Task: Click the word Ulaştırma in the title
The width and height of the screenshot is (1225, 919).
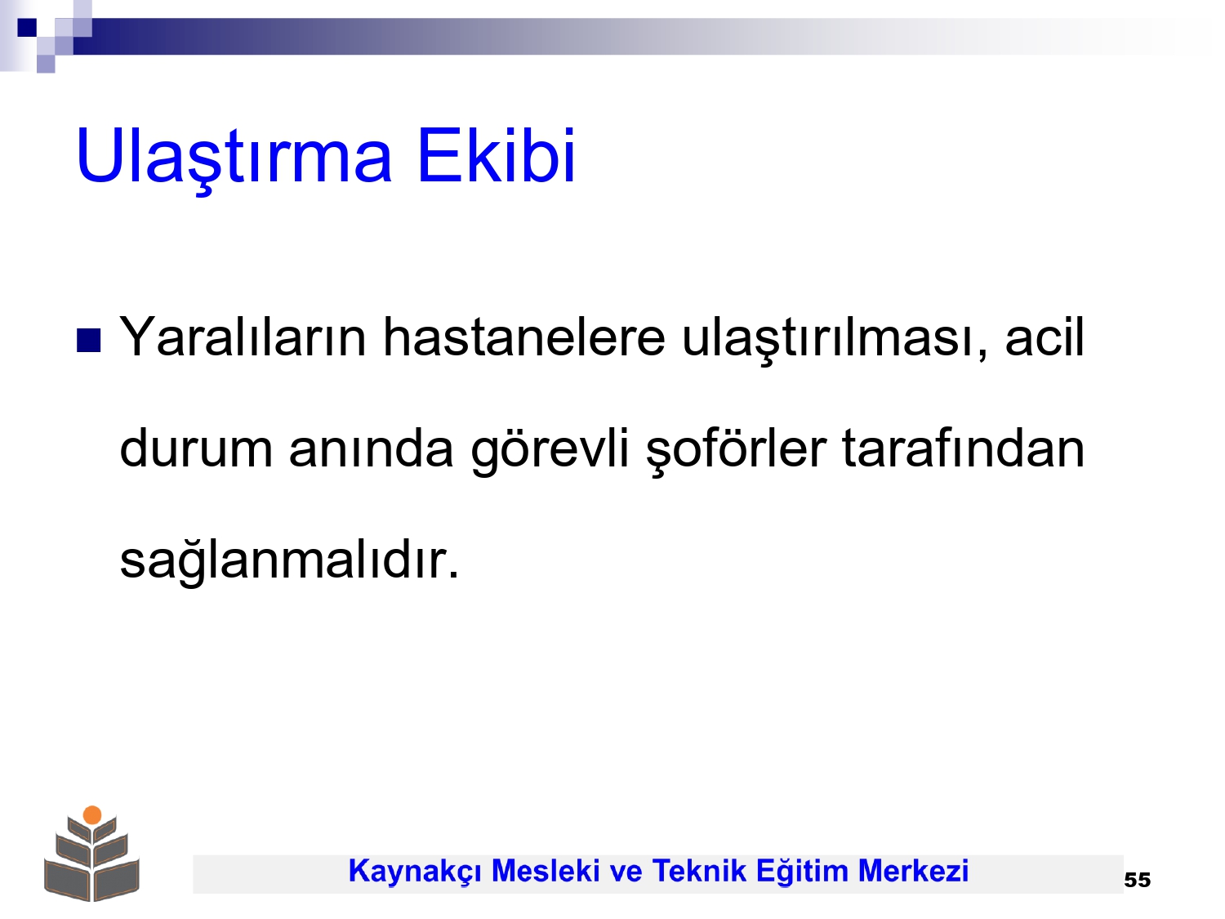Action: pos(234,158)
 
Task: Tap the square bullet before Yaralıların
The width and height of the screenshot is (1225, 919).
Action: pos(88,341)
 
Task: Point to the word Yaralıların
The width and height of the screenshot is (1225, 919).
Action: pos(243,337)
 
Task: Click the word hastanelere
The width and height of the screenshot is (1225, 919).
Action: pos(524,337)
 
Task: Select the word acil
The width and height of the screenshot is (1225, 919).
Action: pos(1045,337)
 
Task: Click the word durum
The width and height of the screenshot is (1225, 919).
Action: pos(196,448)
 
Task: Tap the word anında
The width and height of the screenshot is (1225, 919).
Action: pos(371,448)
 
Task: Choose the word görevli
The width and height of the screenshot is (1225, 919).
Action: pos(550,451)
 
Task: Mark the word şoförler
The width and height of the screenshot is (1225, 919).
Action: pos(736,451)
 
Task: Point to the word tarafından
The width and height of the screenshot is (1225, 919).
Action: pos(963,448)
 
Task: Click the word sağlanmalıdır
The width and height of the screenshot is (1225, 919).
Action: pos(289,561)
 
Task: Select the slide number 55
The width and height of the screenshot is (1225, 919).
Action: pos(1137,880)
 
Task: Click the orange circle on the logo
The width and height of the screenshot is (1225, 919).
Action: pos(92,814)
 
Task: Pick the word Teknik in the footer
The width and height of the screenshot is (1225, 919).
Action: pos(699,871)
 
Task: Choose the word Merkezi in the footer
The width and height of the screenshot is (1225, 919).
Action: pos(913,871)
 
